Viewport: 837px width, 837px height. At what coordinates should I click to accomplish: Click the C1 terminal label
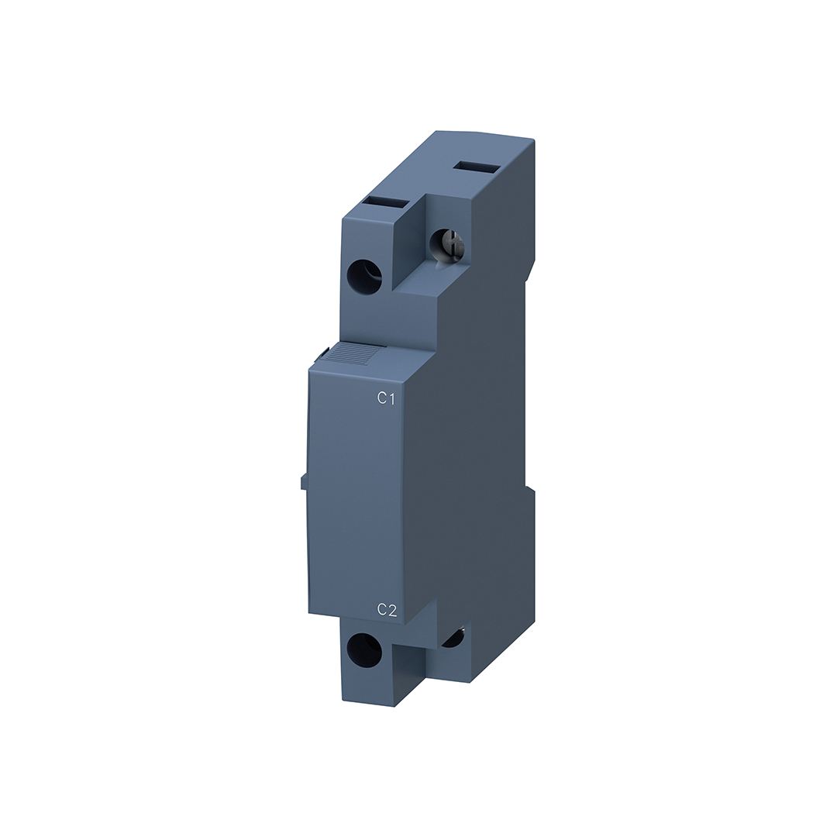pyautogui.click(x=386, y=398)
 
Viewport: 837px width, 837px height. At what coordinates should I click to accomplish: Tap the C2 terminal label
pyautogui.click(x=387, y=610)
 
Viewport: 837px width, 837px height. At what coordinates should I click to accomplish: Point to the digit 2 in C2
pyautogui.click(x=392, y=610)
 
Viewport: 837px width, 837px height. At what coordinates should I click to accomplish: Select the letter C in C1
pyautogui.click(x=381, y=398)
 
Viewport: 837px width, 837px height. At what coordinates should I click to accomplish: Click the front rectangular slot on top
pyautogui.click(x=386, y=203)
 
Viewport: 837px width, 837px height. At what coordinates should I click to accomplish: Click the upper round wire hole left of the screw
pyautogui.click(x=364, y=274)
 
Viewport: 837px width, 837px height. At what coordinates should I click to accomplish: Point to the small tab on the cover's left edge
pyautogui.click(x=303, y=480)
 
